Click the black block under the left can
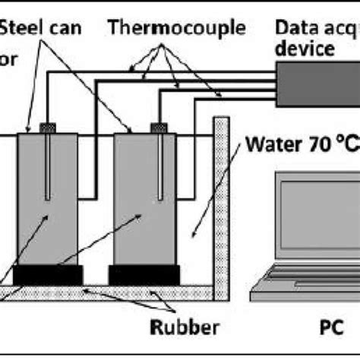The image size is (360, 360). (48, 274)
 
